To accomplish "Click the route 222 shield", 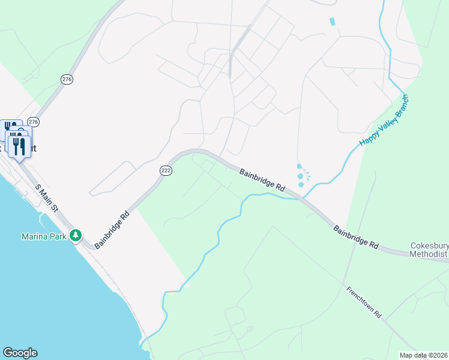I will [166, 171].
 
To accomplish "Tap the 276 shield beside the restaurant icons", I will [34, 122].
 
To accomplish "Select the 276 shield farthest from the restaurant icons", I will [67, 79].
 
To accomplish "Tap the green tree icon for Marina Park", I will [76, 235].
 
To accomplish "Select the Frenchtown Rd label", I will [364, 302].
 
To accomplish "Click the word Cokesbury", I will [429, 245].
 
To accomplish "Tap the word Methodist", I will [429, 254].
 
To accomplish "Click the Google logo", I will [20, 353].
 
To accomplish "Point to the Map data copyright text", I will [423, 355].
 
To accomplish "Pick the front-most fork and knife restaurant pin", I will [20, 146].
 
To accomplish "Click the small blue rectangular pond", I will [332, 22].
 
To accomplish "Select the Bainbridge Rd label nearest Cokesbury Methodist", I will [357, 237].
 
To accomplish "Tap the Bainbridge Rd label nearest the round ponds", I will [262, 180].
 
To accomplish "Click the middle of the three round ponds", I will [300, 176].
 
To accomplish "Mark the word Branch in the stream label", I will [399, 106].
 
